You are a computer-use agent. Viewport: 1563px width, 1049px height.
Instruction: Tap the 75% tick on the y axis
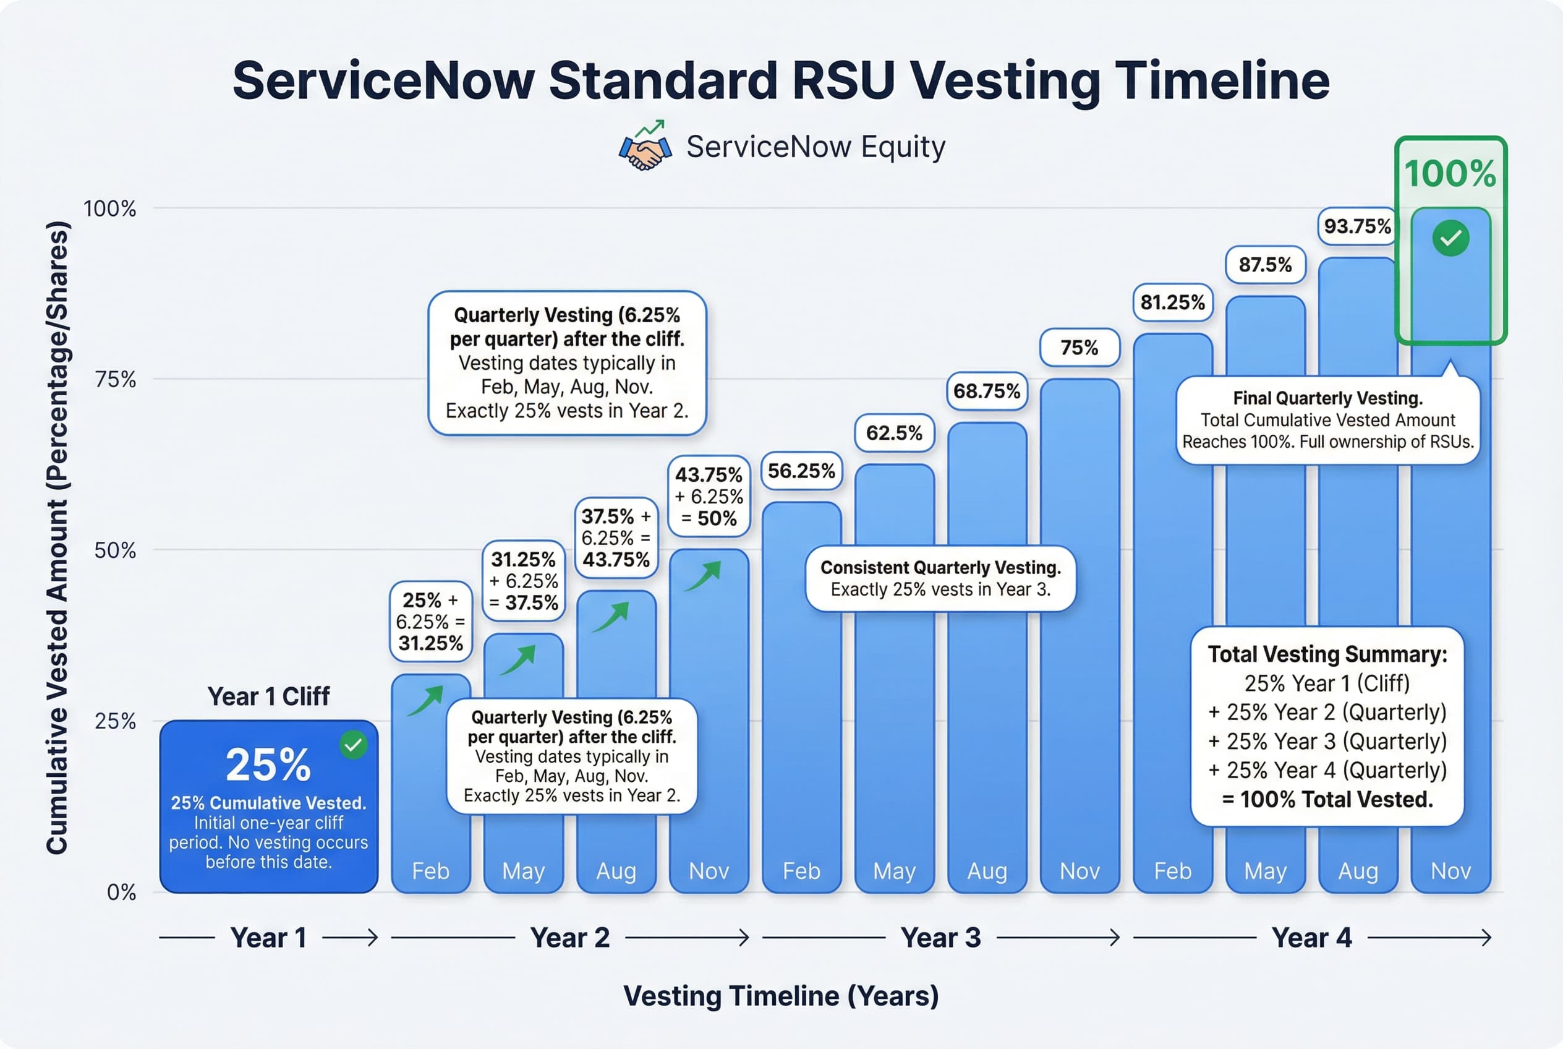(116, 379)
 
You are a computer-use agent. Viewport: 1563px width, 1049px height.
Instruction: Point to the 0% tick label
(121, 892)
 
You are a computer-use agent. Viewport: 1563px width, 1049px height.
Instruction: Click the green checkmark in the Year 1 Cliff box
(353, 745)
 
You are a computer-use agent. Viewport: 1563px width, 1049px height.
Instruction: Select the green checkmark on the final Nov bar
(1450, 238)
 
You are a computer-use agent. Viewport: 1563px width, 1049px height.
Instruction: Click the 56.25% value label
(801, 471)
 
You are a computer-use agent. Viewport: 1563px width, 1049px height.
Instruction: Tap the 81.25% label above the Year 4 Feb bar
(1172, 302)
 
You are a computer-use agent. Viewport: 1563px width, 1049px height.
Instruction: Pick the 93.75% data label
(1357, 226)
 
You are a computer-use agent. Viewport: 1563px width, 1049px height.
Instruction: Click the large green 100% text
(1450, 174)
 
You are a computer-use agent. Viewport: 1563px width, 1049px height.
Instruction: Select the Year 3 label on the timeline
(940, 937)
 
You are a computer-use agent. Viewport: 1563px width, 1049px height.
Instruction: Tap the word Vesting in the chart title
(1005, 80)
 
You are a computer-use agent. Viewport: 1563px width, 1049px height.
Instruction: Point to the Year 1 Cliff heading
(268, 696)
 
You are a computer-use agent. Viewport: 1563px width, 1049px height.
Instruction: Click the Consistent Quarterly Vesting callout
(940, 578)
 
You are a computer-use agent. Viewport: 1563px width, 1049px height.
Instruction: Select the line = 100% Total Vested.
(1327, 800)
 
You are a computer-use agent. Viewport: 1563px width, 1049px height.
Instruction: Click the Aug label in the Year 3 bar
(987, 871)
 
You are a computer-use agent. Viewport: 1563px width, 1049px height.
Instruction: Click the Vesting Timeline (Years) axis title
(781, 995)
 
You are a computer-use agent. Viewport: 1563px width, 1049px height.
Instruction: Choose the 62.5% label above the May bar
(894, 433)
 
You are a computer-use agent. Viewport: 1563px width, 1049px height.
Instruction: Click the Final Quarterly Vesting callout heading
(1327, 398)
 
